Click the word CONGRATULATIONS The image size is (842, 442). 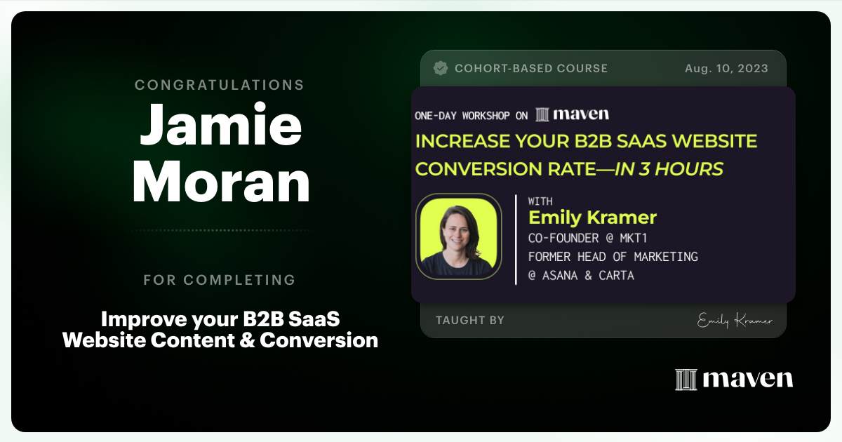(x=220, y=85)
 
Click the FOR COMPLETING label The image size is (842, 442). (x=220, y=280)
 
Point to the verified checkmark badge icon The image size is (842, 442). (x=441, y=68)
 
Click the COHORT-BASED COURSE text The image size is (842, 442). (x=531, y=68)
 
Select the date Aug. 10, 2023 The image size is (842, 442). (x=726, y=68)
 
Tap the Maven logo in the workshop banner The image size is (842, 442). (x=572, y=114)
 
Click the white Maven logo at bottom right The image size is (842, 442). (x=734, y=379)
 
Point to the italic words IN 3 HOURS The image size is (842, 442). (x=669, y=169)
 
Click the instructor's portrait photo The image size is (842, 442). (x=459, y=236)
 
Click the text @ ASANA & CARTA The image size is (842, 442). (x=581, y=275)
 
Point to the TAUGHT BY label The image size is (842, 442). (x=470, y=320)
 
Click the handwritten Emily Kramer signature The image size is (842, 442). (x=735, y=321)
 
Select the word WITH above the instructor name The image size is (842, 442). (x=540, y=201)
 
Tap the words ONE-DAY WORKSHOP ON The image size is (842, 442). (x=472, y=116)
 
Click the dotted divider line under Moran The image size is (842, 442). (x=220, y=230)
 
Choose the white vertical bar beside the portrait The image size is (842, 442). (x=516, y=239)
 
